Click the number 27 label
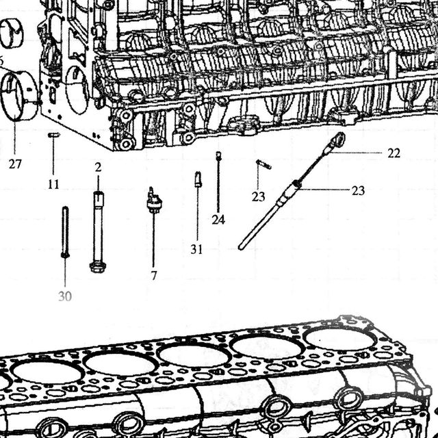point(15,164)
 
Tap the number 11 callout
point(53,184)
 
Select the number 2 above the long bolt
point(98,167)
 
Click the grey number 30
point(65,296)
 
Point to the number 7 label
point(154,276)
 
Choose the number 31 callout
point(196,249)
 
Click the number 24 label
point(218,220)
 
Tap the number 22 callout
point(394,153)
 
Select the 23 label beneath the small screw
point(259,197)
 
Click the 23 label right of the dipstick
point(358,191)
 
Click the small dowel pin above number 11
point(53,136)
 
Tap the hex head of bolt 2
point(97,267)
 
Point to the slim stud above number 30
point(65,232)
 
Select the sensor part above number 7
point(154,201)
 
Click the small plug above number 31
point(198,179)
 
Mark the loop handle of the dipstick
point(339,138)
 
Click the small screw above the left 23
point(264,164)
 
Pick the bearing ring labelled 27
point(18,96)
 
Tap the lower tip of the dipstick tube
point(240,248)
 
